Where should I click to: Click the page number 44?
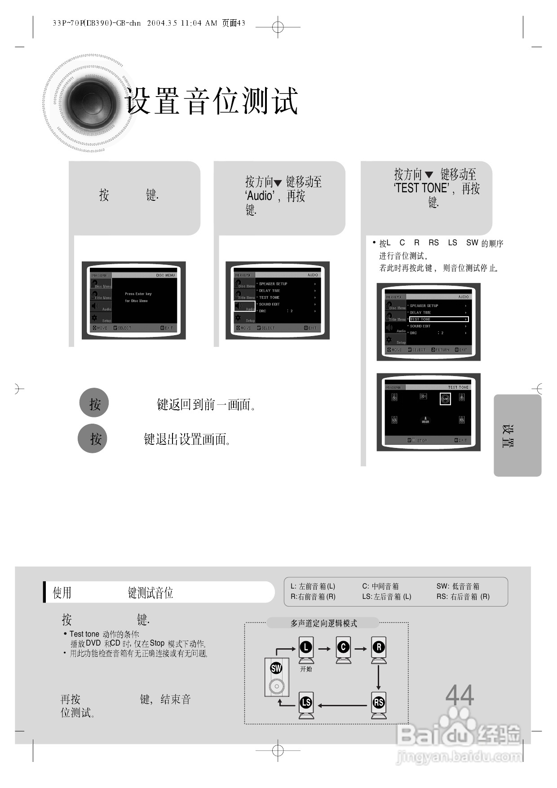460,695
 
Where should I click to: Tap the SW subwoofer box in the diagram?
277,677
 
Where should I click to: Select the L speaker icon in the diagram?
306,650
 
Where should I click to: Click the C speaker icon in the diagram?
343,650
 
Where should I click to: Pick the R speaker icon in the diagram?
379,650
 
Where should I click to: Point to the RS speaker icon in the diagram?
379,704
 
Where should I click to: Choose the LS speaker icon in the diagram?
306,704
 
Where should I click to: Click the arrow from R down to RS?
379,677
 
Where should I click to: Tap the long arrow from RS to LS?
342,705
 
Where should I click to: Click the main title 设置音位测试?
212,101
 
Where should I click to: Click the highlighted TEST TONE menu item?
438,319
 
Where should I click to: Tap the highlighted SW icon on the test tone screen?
445,399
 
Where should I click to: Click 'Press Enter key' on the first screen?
138,294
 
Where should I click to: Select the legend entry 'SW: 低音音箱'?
458,586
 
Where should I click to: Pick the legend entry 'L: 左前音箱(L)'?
313,586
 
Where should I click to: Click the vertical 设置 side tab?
508,436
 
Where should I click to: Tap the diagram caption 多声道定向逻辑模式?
323,623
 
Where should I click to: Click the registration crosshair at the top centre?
278,27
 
